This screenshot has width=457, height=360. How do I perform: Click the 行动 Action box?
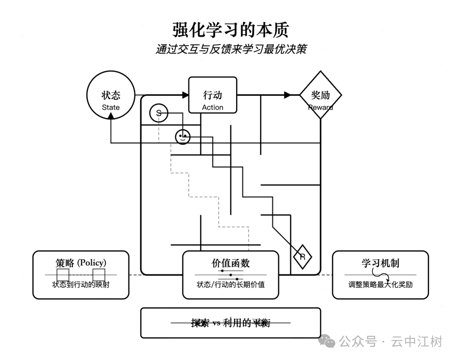coord(212,95)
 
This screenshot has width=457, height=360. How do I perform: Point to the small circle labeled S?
coord(159,113)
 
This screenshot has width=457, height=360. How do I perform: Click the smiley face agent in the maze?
coord(183,137)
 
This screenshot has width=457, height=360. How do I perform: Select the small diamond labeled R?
coord(303,257)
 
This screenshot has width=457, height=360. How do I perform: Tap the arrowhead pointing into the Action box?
coord(185,95)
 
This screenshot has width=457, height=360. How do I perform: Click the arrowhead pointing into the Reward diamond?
coord(287,95)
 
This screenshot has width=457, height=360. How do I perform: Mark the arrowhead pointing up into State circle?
coord(111,120)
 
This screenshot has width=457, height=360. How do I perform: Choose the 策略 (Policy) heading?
coord(81,263)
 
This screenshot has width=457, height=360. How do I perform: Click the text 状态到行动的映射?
coord(81,284)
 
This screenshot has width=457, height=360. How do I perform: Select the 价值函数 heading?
coord(231,263)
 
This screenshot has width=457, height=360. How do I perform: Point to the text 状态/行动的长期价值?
coord(231,285)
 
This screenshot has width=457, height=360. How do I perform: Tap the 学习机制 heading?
coord(380,263)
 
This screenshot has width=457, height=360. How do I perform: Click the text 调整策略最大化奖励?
coord(380,284)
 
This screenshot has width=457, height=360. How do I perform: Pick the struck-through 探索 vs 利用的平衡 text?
coord(231,323)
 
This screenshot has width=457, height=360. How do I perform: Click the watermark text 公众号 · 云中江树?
coord(391,341)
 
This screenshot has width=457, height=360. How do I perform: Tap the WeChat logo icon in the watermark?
coord(327,341)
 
